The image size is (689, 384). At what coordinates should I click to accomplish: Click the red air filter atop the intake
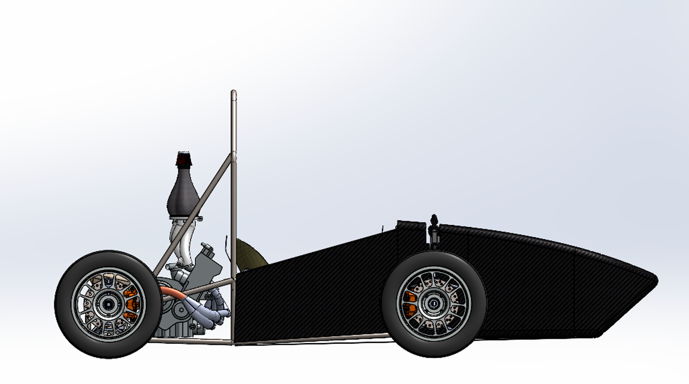[184, 159]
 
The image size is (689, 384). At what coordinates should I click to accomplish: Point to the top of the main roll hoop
[234, 93]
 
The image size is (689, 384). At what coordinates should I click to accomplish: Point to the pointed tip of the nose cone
[656, 280]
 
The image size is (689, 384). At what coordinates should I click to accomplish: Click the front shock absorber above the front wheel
[433, 231]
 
